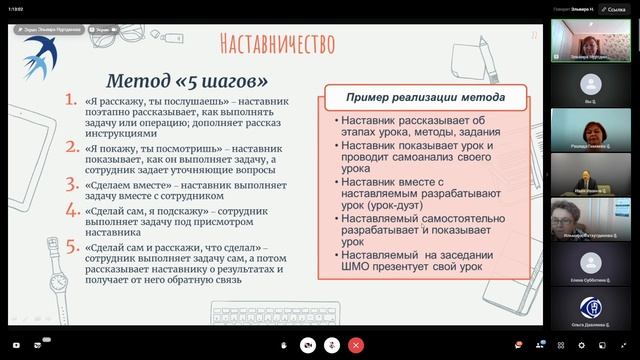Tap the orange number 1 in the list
click(70, 101)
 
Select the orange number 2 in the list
click(70, 147)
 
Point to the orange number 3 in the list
click(70, 184)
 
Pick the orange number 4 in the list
click(70, 210)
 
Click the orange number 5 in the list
click(70, 247)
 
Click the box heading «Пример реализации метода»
click(425, 98)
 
